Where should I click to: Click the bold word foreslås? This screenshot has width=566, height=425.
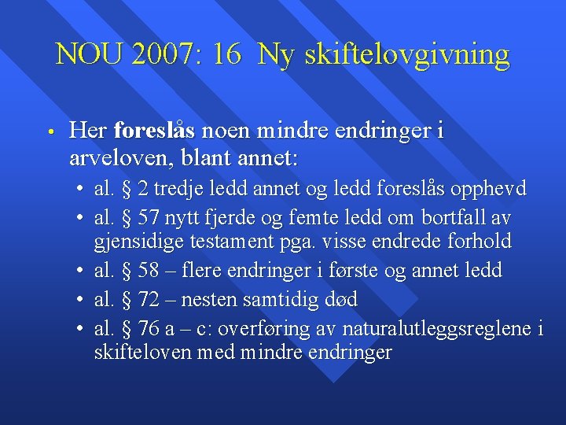(x=154, y=131)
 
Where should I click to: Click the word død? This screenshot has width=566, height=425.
(x=340, y=299)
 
